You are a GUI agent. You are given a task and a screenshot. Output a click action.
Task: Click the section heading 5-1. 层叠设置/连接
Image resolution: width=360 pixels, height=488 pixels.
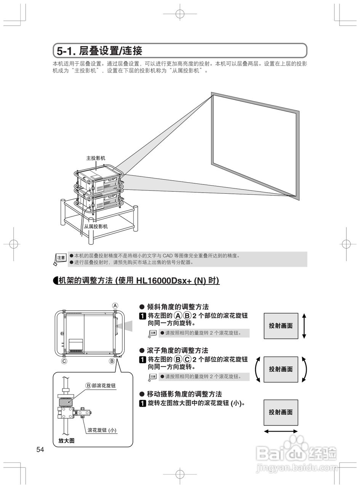click(99, 50)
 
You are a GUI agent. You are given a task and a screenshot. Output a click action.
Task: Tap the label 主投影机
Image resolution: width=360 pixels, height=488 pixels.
click(96, 158)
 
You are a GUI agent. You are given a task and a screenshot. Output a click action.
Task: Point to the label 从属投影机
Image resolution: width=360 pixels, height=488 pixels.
click(96, 226)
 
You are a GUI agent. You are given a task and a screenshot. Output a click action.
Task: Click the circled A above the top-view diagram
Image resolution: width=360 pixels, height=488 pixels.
click(115, 305)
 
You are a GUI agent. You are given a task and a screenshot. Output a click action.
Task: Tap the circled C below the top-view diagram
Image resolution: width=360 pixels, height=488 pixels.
click(64, 361)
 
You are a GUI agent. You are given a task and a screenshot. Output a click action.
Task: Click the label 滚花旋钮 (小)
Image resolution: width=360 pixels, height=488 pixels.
click(102, 430)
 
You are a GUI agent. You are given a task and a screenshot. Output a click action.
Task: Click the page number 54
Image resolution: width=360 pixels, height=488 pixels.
click(40, 450)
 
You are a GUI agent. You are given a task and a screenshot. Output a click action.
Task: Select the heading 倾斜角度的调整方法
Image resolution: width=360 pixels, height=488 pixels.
click(178, 307)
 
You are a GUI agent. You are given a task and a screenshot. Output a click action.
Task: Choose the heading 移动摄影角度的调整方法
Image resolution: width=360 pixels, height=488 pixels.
click(184, 394)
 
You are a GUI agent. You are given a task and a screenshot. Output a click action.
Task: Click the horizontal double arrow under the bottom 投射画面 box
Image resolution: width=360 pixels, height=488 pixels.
click(281, 431)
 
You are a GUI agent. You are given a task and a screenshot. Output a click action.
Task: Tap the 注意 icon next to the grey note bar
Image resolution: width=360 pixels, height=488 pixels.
click(61, 258)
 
